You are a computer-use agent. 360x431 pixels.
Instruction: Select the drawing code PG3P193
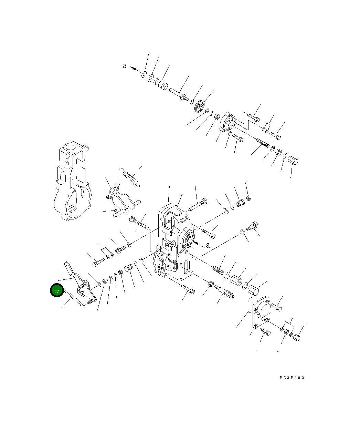coord(292,378)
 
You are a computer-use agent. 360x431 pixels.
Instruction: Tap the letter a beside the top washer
coord(125,66)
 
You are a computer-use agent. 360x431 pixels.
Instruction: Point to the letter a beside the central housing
coord(208,245)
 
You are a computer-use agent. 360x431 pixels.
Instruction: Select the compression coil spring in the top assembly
coord(160,84)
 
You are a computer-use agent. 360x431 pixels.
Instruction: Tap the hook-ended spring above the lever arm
coord(130,177)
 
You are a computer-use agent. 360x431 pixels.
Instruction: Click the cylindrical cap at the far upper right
coord(293,160)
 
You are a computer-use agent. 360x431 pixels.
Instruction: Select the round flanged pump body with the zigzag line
coord(227,123)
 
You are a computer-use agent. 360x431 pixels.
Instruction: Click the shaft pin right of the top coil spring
coord(178,94)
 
